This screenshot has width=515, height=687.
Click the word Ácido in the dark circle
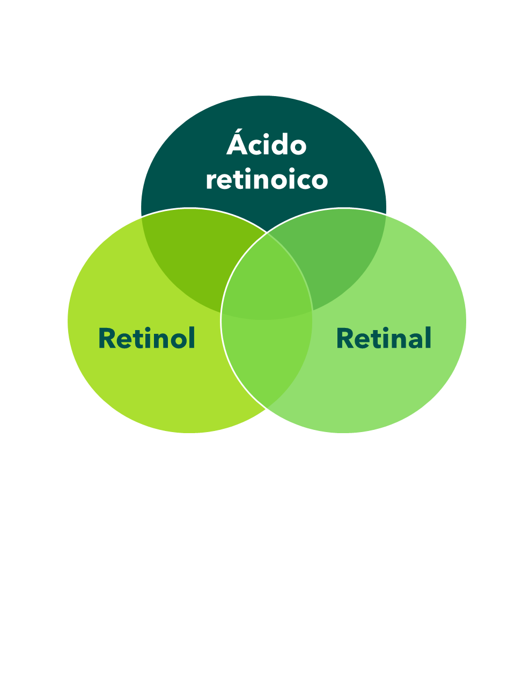(267, 142)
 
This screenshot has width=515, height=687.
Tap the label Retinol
(147, 338)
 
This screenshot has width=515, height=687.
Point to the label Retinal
(384, 338)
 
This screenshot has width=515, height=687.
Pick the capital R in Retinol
(107, 338)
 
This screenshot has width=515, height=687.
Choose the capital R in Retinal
(345, 338)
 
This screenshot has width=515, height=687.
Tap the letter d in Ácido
(279, 144)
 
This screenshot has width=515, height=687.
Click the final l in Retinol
(192, 338)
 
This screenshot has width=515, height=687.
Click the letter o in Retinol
(179, 340)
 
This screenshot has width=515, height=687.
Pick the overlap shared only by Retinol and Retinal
(267, 360)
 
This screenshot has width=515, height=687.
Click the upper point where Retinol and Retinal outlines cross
(267, 232)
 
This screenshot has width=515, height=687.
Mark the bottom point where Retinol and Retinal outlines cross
(266, 409)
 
